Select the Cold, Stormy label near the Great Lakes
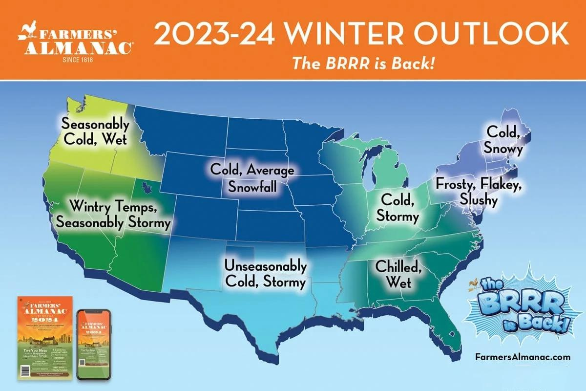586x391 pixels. point(399,207)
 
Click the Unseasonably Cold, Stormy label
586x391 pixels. point(265,274)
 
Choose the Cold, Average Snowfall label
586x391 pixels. point(252,178)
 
